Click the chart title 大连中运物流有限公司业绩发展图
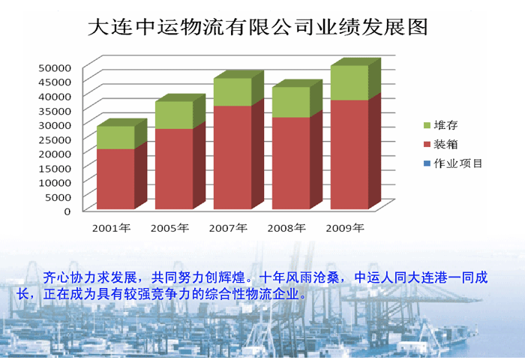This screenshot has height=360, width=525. point(258,27)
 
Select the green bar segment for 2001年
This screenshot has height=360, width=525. point(115,138)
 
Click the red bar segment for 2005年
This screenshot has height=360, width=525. point(174,169)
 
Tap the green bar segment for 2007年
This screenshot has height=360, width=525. point(232,92)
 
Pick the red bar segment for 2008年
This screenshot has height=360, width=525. point(291,163)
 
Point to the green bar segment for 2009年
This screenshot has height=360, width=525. point(349,82)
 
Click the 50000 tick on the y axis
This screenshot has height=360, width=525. point(55,68)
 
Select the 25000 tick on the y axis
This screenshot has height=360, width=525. point(55,139)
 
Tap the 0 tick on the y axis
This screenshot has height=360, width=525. point(67,211)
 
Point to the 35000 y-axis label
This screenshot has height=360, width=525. point(55,111)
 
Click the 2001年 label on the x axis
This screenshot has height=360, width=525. point(111,228)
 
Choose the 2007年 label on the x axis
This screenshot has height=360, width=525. point(228,228)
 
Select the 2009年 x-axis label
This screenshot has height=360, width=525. point(345,228)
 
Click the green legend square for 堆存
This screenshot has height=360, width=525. point(427,125)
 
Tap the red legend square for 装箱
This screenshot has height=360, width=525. point(427,144)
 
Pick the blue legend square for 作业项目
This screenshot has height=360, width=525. point(427,163)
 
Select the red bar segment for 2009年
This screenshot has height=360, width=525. point(349,154)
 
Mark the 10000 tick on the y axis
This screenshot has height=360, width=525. point(55,183)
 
